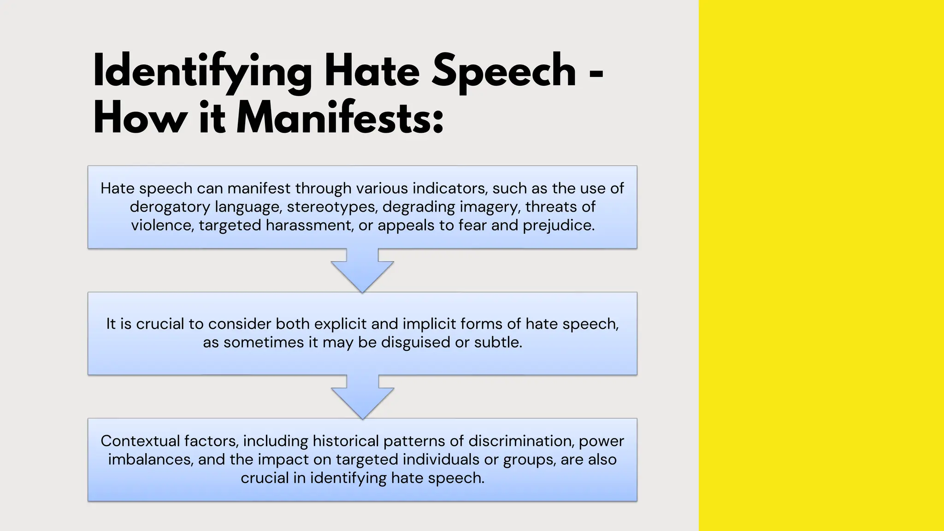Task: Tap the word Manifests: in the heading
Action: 340,118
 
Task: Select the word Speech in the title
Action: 504,71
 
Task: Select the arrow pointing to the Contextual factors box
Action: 362,397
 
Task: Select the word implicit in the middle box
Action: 428,324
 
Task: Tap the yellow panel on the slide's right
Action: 821,265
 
